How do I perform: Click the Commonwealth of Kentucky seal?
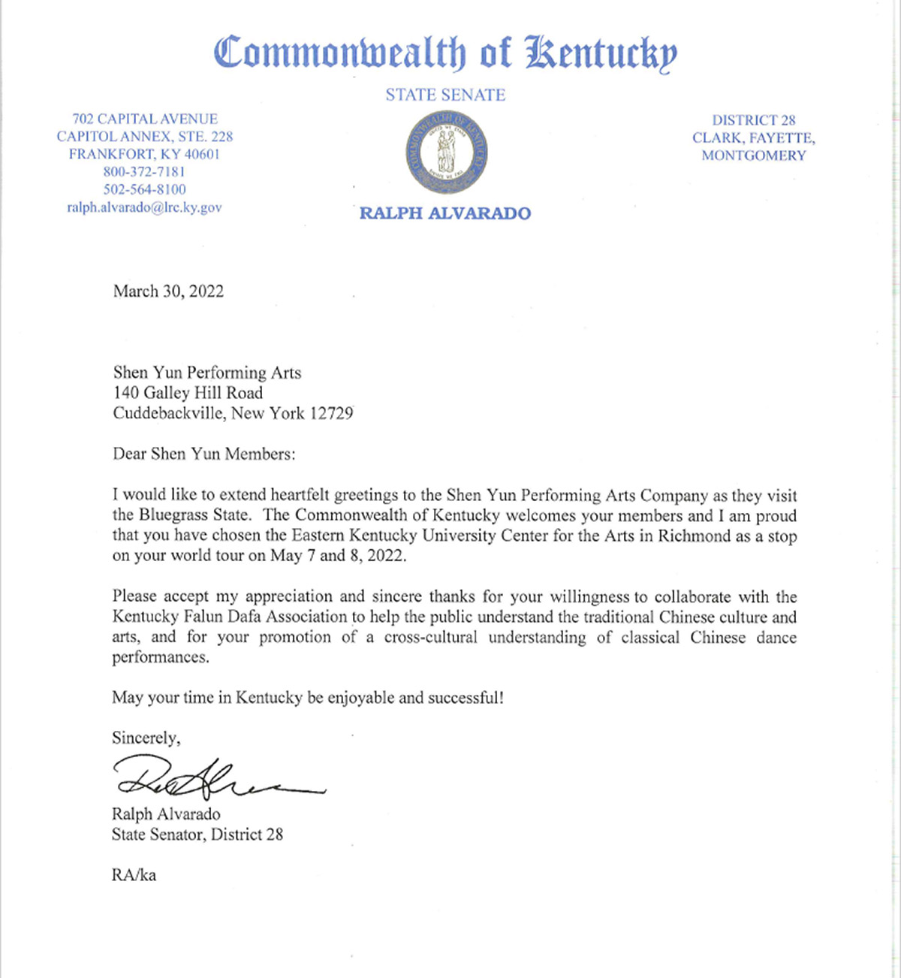pyautogui.click(x=446, y=153)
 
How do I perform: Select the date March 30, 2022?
pyautogui.click(x=168, y=291)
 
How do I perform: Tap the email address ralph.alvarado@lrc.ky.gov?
pyautogui.click(x=144, y=207)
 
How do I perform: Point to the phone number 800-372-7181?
pyautogui.click(x=144, y=172)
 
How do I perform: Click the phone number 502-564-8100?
pyautogui.click(x=144, y=189)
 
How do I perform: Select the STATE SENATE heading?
pyautogui.click(x=445, y=95)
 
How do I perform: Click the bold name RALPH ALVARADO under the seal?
pyautogui.click(x=445, y=213)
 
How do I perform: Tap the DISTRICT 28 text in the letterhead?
pyautogui.click(x=753, y=120)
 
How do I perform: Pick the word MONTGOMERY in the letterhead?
pyautogui.click(x=753, y=155)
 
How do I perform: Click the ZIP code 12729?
pyautogui.click(x=331, y=413)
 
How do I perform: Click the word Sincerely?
pyautogui.click(x=146, y=738)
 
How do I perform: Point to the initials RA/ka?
pyautogui.click(x=134, y=875)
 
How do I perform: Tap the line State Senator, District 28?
pyautogui.click(x=197, y=834)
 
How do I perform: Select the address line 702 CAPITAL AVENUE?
pyautogui.click(x=144, y=119)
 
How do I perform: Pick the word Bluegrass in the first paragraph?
pyautogui.click(x=174, y=516)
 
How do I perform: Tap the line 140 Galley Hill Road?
pyautogui.click(x=188, y=392)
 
